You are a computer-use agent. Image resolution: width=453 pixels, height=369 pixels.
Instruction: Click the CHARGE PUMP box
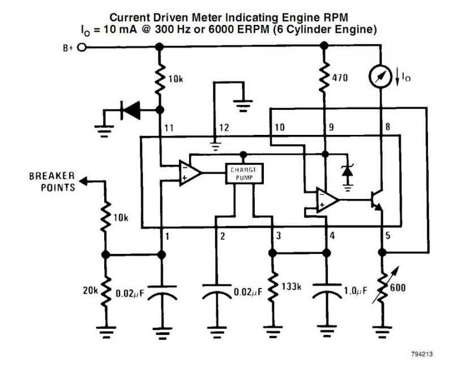point(243,173)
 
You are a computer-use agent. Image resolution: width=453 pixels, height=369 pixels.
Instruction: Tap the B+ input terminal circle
point(82,48)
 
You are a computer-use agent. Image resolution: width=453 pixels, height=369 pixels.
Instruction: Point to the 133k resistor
point(274,289)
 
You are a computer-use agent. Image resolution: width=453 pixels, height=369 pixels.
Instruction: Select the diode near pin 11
point(131,110)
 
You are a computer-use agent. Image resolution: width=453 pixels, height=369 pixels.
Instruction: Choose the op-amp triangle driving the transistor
point(327,200)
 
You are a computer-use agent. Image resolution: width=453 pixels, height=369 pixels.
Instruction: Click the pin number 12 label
point(224,128)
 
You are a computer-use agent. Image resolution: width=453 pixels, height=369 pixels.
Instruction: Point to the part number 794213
point(422,354)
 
